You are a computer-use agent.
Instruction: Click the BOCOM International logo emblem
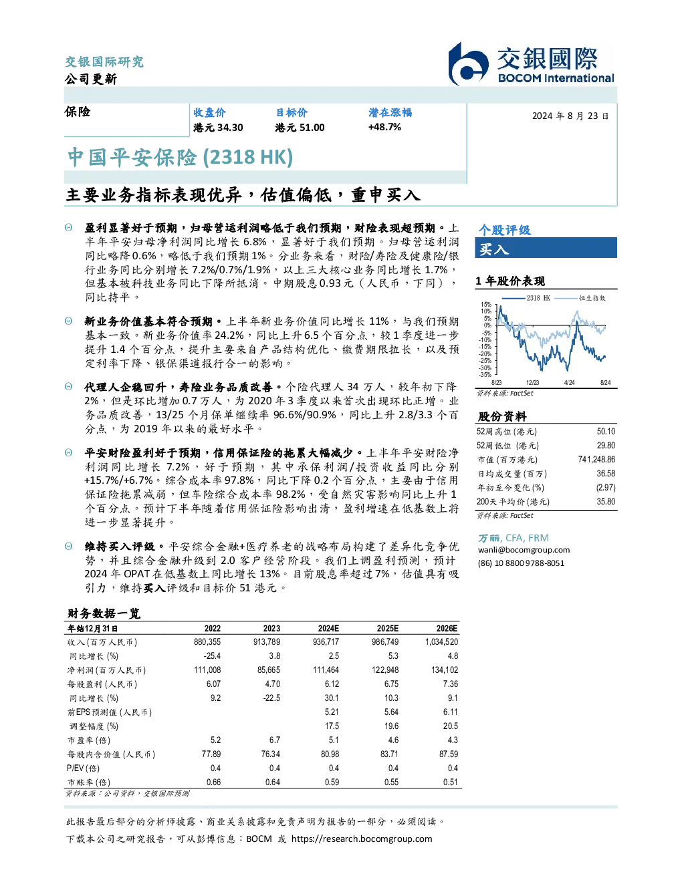point(468,64)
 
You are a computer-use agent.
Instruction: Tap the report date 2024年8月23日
point(570,116)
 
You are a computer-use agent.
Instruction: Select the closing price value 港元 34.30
point(218,128)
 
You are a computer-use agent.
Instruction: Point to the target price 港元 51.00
point(300,128)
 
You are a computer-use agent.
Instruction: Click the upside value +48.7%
point(384,128)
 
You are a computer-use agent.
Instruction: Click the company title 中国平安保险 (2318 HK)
point(181,158)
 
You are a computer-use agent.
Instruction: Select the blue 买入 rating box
point(546,248)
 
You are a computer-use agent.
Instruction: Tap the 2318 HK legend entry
point(526,298)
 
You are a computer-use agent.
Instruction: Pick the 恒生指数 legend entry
point(580,298)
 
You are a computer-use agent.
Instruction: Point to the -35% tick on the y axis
point(485,375)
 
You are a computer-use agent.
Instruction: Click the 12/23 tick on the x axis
point(532,383)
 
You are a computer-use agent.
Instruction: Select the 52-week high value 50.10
point(606,432)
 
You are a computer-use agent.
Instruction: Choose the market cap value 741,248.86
point(596,460)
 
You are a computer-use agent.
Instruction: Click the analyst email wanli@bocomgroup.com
point(524,550)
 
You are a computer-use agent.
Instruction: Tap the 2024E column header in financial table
point(328,629)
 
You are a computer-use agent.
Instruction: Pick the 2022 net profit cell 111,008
point(207,670)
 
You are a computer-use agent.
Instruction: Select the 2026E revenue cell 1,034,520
point(441,642)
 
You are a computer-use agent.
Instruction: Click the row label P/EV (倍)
point(83,768)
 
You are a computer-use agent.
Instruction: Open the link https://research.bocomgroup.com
point(362,839)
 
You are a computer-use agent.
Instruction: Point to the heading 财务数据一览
point(104,613)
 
